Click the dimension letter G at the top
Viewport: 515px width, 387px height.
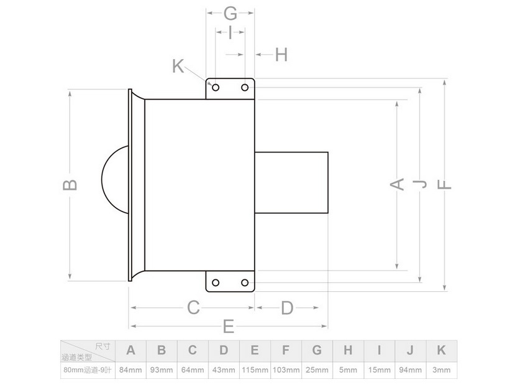pyautogui.click(x=230, y=14)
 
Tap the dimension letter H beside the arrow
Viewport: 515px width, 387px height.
pyautogui.click(x=281, y=55)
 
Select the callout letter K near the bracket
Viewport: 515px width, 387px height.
pyautogui.click(x=178, y=66)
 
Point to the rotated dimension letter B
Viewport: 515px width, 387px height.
pyautogui.click(x=70, y=185)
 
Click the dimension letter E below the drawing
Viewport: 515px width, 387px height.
pyautogui.click(x=229, y=326)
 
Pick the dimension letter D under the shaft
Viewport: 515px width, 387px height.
pyautogui.click(x=287, y=308)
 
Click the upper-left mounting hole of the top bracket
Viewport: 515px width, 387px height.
pyautogui.click(x=216, y=88)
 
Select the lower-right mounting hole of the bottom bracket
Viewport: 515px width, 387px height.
pyautogui.click(x=245, y=282)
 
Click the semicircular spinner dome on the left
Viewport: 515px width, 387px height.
pyautogui.click(x=103, y=180)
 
